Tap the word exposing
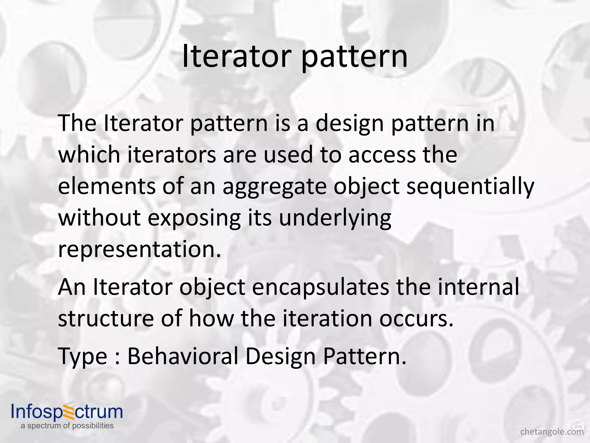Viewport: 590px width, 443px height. [194, 219]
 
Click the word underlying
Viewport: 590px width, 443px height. [335, 219]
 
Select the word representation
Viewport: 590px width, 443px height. [139, 250]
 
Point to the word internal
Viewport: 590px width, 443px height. [479, 287]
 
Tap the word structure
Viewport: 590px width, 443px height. [106, 319]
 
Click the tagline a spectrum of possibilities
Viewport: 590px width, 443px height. [67, 426]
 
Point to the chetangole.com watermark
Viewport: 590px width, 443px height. [552, 432]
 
